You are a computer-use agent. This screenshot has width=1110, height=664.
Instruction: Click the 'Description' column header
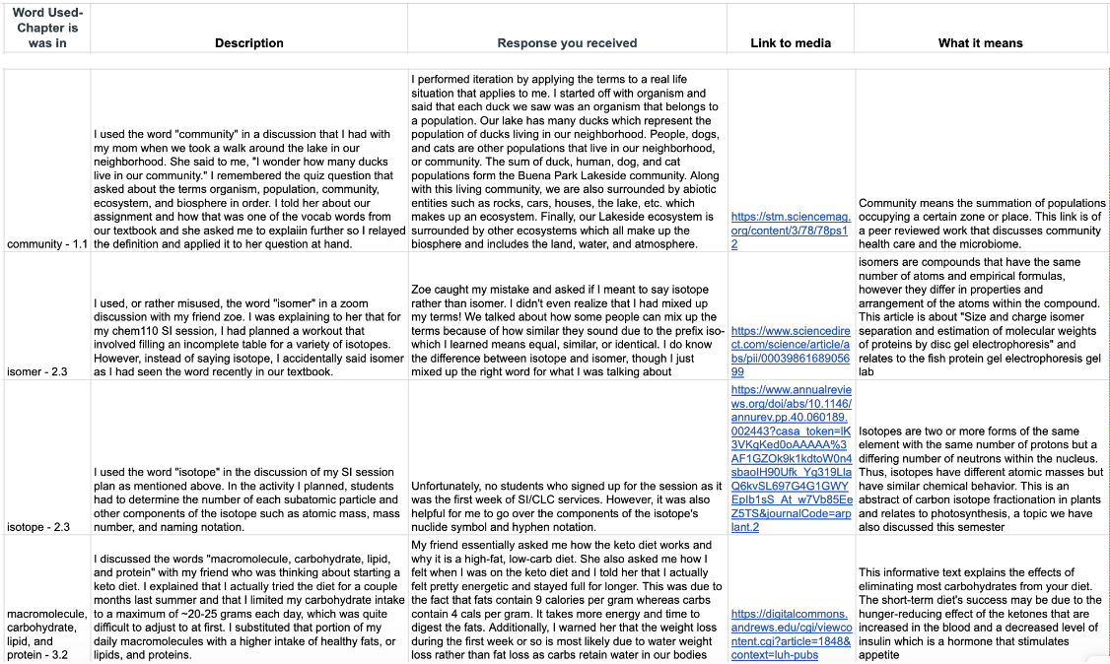click(249, 43)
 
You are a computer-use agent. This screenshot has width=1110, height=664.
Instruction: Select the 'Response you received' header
click(567, 43)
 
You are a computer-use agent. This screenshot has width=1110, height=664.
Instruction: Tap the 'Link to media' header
click(790, 43)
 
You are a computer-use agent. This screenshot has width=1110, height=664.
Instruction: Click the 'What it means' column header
click(980, 43)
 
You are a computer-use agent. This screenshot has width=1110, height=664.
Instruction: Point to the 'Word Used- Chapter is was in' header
click(47, 28)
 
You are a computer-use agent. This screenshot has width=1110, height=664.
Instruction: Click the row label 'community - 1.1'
click(47, 243)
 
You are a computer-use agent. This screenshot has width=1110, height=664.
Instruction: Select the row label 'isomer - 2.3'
click(38, 372)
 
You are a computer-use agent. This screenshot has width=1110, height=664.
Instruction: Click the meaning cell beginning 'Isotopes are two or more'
click(980, 479)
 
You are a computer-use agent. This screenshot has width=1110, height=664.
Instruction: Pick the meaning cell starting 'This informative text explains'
click(980, 611)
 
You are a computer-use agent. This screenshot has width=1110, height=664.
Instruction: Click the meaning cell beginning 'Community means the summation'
click(980, 223)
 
